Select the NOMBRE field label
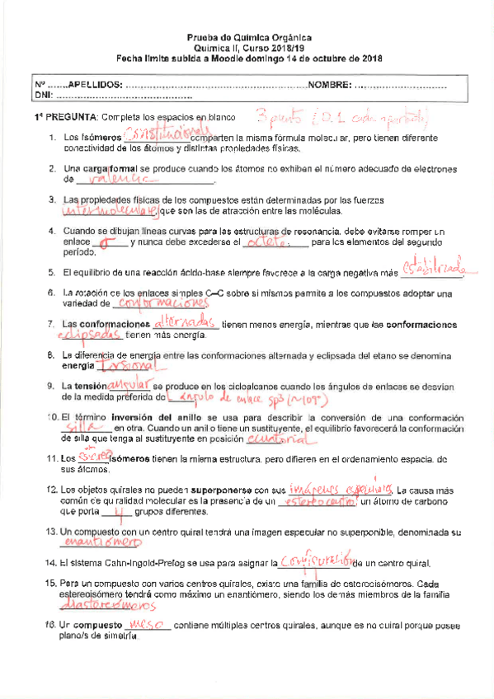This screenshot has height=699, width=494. pos(330,85)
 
